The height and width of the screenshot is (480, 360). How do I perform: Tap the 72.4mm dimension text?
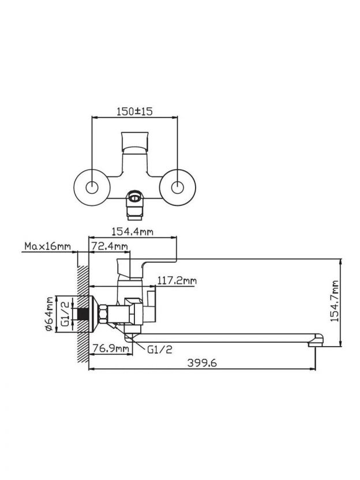point(110,247)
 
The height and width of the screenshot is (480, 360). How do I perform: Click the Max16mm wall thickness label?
point(47,247)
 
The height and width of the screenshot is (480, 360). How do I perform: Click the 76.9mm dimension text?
point(110,348)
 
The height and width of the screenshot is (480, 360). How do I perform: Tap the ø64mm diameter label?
point(50,314)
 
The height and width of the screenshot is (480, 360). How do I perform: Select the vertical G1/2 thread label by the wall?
point(65,314)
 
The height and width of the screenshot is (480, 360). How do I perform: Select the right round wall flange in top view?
point(178,187)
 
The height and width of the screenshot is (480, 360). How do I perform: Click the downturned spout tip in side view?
point(316,340)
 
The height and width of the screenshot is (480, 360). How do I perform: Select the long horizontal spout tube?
point(225,333)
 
